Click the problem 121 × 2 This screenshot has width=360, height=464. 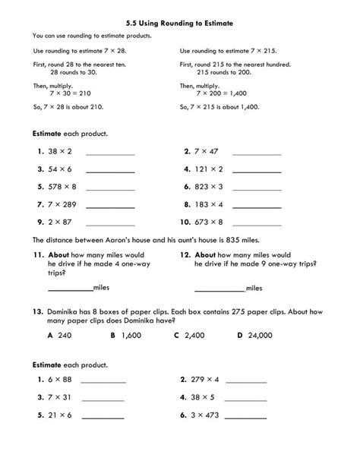[x=210, y=169]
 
